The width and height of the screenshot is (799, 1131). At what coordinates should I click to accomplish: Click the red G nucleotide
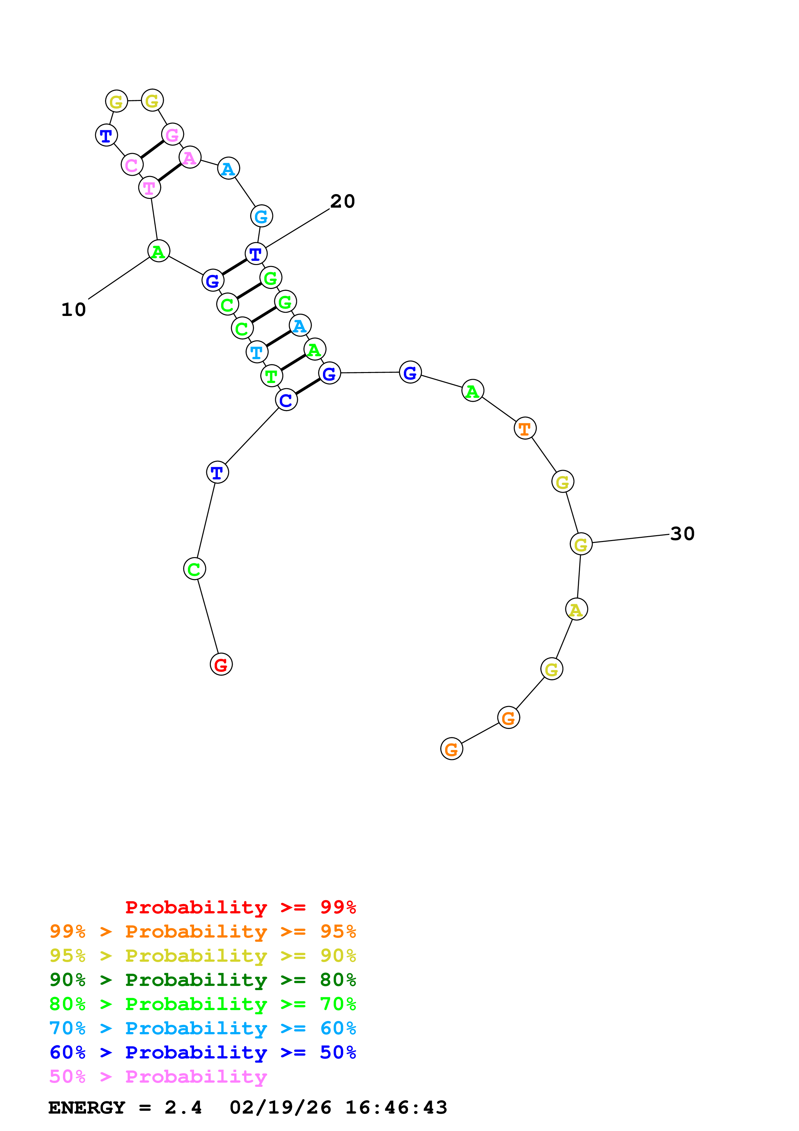pos(221,664)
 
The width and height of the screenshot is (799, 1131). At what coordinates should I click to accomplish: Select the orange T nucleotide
pos(525,428)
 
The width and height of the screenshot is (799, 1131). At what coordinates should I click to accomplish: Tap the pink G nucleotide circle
pos(172,134)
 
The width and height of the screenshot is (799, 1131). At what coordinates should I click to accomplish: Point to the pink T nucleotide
pos(150,188)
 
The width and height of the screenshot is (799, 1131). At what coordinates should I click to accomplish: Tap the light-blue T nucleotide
pos(257,352)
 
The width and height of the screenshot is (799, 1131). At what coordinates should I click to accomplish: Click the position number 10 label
pos(73,310)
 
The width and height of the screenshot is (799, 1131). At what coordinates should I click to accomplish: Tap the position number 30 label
pos(682,534)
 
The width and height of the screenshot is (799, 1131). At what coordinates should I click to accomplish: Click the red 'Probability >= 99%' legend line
pos(240,907)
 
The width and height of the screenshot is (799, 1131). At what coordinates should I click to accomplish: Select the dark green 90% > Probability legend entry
pos(202,980)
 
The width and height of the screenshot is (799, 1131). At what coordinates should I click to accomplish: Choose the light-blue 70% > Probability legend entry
pos(202,1028)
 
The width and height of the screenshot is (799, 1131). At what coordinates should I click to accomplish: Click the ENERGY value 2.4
pos(183,1108)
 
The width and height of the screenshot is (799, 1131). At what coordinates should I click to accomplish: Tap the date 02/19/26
pos(280,1108)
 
